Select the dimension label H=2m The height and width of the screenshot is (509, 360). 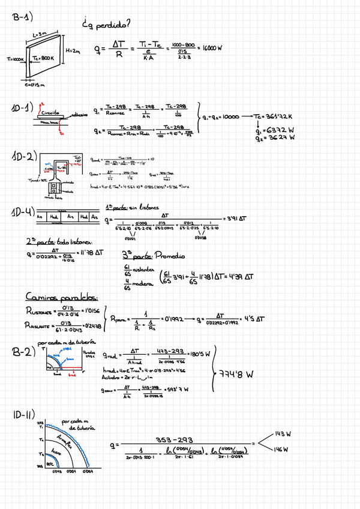pos(73,51)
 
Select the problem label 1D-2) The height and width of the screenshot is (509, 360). pos(23,157)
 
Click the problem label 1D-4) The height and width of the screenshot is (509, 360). pos(22,214)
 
